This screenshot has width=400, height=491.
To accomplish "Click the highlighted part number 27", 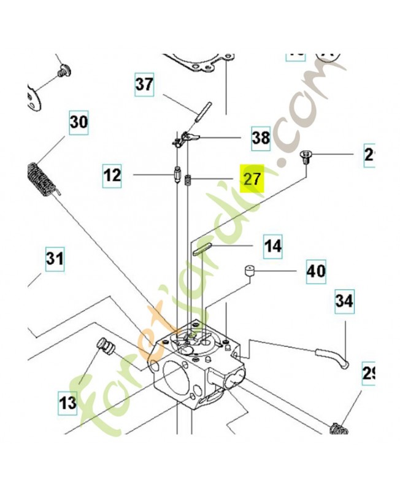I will [x=252, y=179].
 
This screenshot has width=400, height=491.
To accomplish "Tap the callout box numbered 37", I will [x=145, y=84].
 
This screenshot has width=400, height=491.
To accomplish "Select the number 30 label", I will [x=78, y=122].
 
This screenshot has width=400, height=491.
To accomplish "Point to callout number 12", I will [x=112, y=176].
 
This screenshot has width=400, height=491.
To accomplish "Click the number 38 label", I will [x=261, y=138].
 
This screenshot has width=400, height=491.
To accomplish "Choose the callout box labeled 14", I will [x=273, y=246].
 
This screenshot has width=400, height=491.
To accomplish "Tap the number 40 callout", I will [x=316, y=271].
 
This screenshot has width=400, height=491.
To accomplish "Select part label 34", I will [x=344, y=301].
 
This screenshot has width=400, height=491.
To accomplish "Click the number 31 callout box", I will [x=55, y=260].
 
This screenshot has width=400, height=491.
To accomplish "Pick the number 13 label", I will [x=67, y=403].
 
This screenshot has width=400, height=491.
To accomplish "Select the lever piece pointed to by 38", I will [x=185, y=139].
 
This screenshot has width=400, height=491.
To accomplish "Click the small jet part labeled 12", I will [x=177, y=177].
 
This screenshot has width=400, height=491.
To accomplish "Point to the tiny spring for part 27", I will [x=190, y=182].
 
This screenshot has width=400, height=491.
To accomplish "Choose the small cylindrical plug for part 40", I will [x=250, y=271].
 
